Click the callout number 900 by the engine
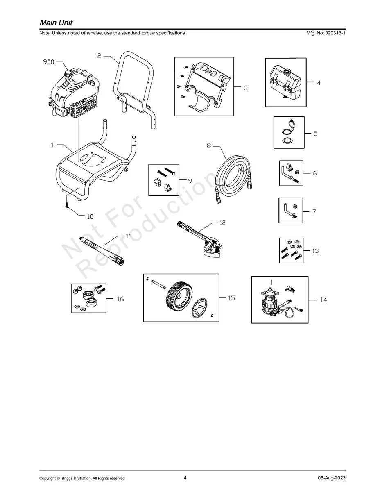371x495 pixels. (49, 62)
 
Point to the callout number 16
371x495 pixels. (120, 299)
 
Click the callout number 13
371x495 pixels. (315, 251)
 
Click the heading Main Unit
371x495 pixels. (56, 22)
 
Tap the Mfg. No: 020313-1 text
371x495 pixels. (326, 33)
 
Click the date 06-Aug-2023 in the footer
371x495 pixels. (331, 478)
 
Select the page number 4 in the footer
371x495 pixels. (185, 478)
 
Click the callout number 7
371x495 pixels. (314, 212)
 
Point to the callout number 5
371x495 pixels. (315, 134)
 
